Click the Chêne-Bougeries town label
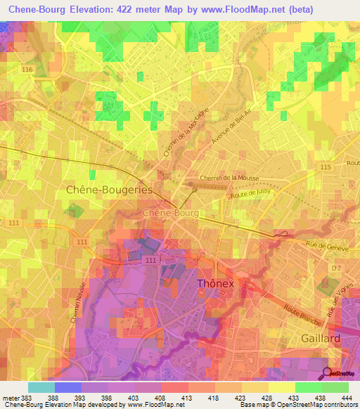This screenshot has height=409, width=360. tap(109, 190)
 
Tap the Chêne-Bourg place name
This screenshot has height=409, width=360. tap(171, 212)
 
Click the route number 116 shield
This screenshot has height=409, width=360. tap(27, 71)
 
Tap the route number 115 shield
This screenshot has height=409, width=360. tap(324, 166)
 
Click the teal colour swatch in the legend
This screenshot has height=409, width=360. tap(41, 387)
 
